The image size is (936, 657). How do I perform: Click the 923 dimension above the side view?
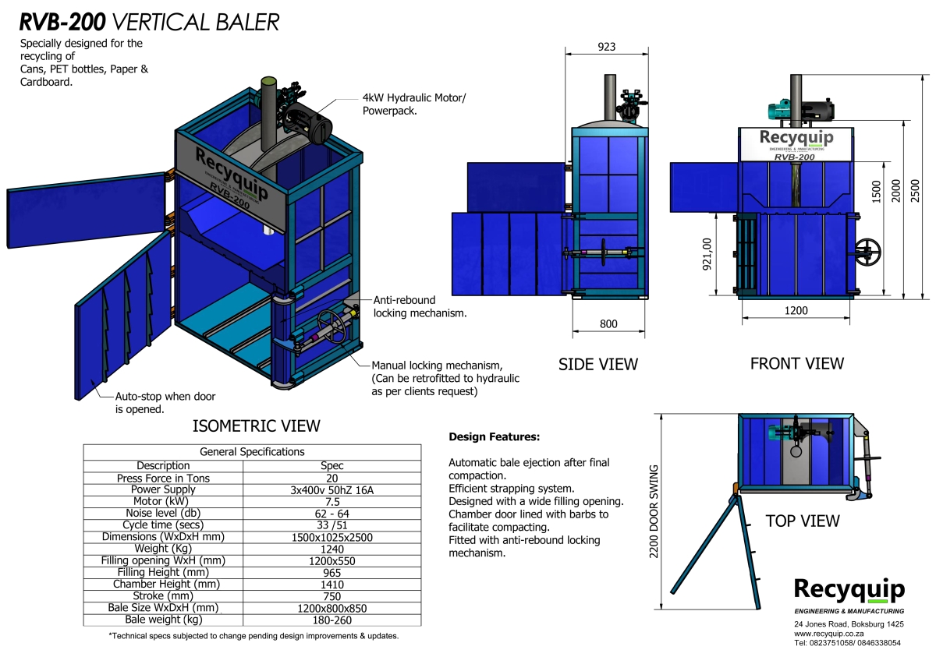point(606,47)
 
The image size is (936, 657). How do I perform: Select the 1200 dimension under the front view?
point(796,310)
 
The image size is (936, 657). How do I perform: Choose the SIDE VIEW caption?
point(598,364)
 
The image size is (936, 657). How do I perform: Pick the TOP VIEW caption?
point(802,521)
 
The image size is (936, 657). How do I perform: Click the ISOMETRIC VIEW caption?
point(256,426)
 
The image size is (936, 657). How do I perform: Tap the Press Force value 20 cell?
point(332,478)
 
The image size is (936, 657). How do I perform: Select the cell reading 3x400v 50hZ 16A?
point(332,489)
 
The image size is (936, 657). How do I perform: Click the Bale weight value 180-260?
point(332,620)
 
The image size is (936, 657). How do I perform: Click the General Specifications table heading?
point(252,451)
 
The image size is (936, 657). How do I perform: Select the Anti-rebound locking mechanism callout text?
point(420,306)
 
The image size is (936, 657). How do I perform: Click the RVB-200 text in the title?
point(63,22)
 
